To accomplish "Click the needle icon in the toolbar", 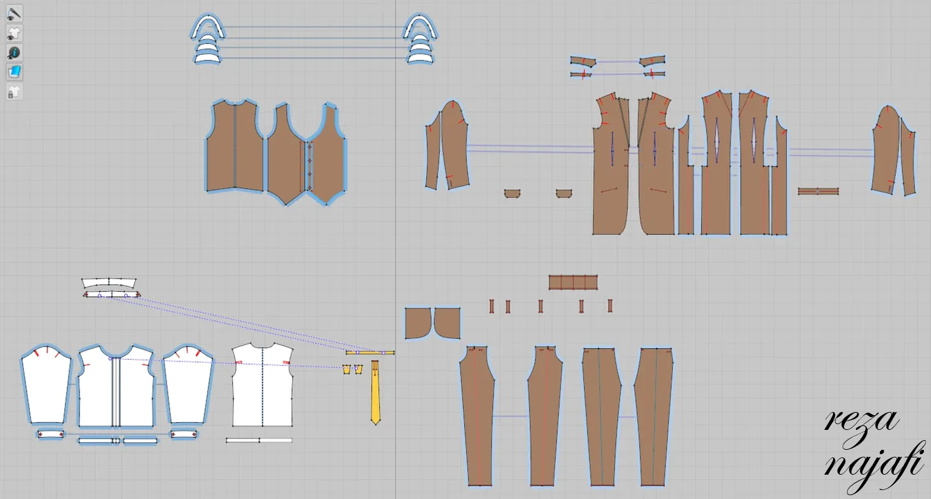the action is (14, 12).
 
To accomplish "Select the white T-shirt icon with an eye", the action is (14, 33).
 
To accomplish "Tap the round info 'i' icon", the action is (14, 52).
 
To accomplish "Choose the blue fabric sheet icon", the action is (14, 72).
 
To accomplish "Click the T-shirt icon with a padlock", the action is (14, 92).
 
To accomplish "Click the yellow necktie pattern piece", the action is (375, 390).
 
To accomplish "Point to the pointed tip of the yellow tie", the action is (375, 422).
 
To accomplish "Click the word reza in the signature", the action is (861, 422).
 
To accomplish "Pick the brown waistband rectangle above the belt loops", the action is (573, 282).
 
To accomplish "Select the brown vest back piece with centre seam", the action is (234, 147).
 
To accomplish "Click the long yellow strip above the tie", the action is (370, 352).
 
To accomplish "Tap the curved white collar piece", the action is (109, 283).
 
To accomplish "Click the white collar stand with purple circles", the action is (111, 295).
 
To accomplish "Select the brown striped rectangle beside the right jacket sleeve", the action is (818, 191).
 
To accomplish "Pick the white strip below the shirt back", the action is (259, 440).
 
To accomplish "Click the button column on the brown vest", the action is (310, 165).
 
